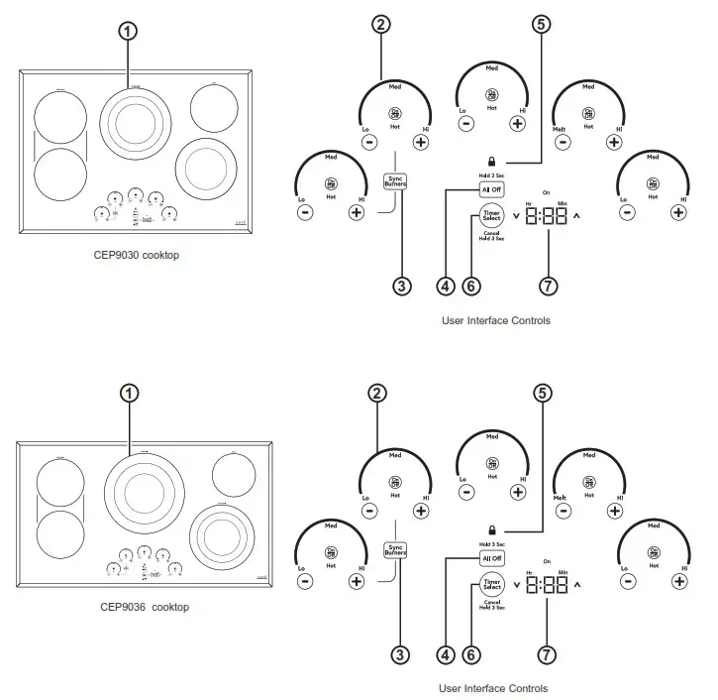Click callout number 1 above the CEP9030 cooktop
pos(128,31)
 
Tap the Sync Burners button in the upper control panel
pos(396,181)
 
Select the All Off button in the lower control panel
pos(492,559)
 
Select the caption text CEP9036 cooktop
pos(144,607)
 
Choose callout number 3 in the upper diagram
pos(401,287)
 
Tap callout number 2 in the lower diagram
pos(376,393)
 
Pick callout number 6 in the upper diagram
pos(472,287)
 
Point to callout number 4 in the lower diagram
pos(445,653)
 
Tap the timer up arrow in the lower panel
pos(577,585)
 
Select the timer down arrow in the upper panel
pos(517,215)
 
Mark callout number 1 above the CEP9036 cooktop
pos(129,393)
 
